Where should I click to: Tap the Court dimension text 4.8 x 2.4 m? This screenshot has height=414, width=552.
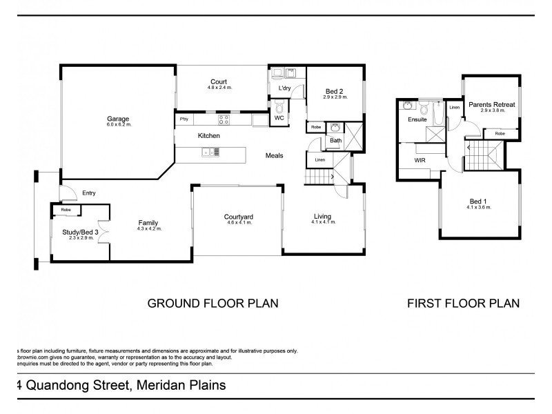[219, 88]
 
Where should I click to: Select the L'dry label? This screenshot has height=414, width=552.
[284, 89]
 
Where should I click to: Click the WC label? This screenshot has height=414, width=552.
[279, 118]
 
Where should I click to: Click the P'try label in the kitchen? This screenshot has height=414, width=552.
[184, 119]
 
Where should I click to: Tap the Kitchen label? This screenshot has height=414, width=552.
[208, 136]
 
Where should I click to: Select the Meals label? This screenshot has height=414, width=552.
[275, 155]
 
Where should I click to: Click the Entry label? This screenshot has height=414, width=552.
[89, 193]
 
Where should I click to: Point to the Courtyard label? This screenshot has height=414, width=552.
[238, 217]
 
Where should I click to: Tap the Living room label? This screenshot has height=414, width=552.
[323, 216]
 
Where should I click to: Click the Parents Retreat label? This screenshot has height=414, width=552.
[492, 105]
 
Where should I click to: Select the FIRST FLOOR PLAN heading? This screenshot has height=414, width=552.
[464, 303]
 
